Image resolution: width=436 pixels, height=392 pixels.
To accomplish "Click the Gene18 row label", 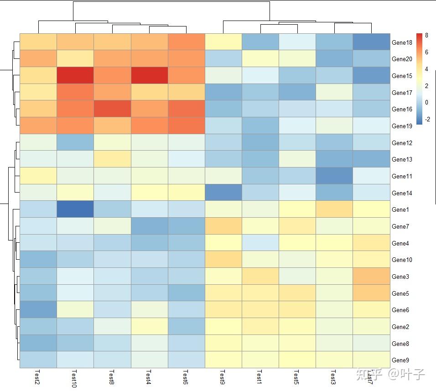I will (402, 42).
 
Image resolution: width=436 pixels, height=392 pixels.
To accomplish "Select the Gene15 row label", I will (402, 76).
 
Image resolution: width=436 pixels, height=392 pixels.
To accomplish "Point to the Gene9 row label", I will (400, 360).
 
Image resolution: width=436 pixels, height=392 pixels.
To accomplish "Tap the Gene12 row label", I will (402, 143).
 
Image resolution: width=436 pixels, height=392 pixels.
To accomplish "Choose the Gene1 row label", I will (400, 209).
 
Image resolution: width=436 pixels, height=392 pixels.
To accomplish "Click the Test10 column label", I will (74, 379).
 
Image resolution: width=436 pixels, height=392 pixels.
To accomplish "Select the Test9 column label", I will (223, 377).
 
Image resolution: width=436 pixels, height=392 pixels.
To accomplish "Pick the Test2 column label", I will (37, 377).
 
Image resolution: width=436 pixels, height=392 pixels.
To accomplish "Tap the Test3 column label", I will (333, 377).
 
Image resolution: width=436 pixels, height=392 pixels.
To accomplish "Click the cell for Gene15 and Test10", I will (75, 75).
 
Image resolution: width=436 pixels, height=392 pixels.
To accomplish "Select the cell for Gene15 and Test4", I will (150, 75).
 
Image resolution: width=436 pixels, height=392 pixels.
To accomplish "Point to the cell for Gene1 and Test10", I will (75, 209).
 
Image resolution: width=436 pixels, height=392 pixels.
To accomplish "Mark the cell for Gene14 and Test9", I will (223, 193).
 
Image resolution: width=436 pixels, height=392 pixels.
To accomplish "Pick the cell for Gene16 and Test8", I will (112, 109).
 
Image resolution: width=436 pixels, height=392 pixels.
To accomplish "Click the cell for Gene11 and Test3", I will (334, 176).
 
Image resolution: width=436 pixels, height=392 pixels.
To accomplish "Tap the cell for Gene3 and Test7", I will (371, 276).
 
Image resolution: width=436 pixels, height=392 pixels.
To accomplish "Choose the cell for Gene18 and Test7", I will (371, 42).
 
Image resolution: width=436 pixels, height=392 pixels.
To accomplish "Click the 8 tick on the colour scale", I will (426, 35).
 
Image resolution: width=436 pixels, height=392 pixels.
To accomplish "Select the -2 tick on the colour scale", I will (427, 119).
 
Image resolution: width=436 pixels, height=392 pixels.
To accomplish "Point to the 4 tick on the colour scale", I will (426, 69).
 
